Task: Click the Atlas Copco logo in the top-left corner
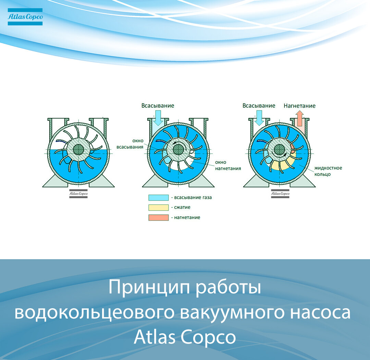coord(25,17)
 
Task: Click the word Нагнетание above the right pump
coord(299,106)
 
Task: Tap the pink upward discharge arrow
coord(300,119)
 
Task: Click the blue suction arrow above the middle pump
coord(158,118)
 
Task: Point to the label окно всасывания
coord(130,144)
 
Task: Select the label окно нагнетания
coord(228,165)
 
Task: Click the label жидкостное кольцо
coord(328,171)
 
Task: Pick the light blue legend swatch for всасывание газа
coord(159,197)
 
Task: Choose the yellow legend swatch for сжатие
coord(159,207)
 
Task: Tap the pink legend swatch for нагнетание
coord(159,218)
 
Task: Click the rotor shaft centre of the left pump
coord(78,149)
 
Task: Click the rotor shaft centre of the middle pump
coord(178,149)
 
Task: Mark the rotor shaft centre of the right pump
coord(280,149)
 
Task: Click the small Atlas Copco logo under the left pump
coord(78,194)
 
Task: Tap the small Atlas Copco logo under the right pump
coord(280,194)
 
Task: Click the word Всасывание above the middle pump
coord(158,106)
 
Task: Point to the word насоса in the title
coord(320,313)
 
